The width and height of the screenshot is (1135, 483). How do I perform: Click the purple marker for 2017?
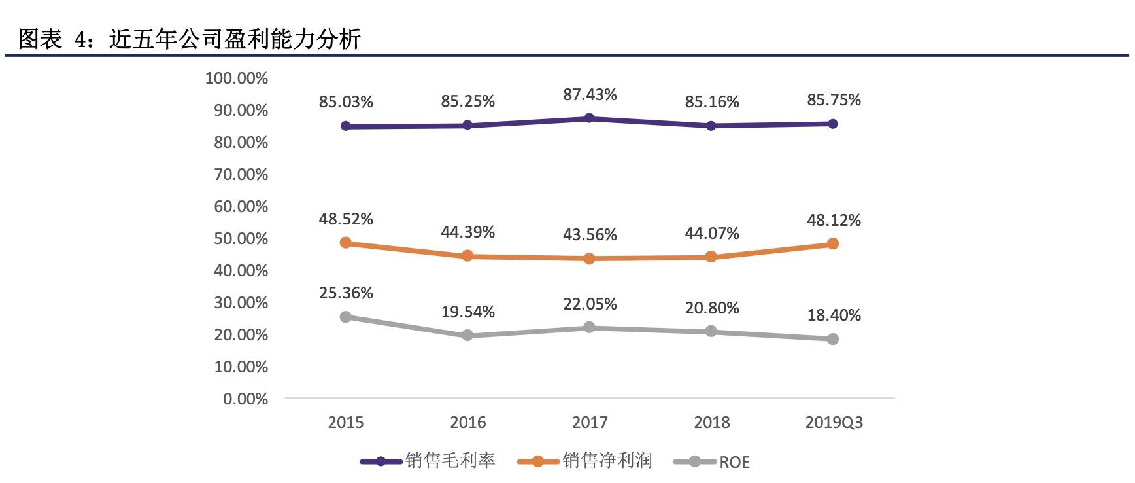click(x=589, y=118)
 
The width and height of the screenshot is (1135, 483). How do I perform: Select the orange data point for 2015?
click(x=346, y=243)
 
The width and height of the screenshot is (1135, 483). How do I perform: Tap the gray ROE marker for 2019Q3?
click(x=833, y=339)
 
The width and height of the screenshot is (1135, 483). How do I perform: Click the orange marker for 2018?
click(x=711, y=257)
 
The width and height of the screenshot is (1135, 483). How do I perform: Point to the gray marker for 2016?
click(x=467, y=335)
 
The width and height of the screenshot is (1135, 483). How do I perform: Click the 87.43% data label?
click(x=590, y=95)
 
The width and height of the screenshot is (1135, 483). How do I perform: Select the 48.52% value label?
click(x=346, y=219)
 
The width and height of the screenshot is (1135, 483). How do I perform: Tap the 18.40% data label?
click(x=834, y=315)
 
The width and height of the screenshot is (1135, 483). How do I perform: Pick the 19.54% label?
click(x=467, y=312)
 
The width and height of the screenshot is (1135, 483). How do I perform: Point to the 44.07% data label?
click(x=712, y=234)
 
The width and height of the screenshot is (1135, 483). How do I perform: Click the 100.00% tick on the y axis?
click(x=237, y=79)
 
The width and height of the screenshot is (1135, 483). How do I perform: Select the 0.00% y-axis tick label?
click(x=245, y=399)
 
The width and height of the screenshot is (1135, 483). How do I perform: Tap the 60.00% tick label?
click(x=241, y=207)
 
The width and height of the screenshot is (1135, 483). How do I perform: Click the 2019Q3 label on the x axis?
click(x=834, y=423)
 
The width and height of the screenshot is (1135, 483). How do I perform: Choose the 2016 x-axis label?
click(x=467, y=423)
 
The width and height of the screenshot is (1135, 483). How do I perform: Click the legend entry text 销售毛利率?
click(x=450, y=461)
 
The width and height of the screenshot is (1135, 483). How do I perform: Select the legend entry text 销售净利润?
click(x=607, y=461)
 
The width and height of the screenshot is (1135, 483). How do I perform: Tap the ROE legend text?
click(x=734, y=462)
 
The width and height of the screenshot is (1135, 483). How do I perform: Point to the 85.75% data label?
click(x=834, y=100)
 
